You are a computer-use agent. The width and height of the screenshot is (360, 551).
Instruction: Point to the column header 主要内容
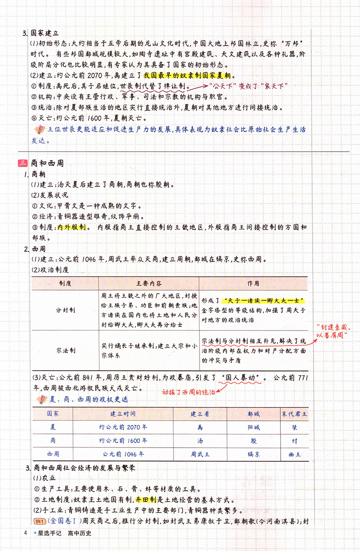(x=149, y=283)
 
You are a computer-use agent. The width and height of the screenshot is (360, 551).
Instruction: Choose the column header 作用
(x=253, y=283)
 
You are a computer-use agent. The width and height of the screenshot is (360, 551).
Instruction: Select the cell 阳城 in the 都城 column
(x=253, y=427)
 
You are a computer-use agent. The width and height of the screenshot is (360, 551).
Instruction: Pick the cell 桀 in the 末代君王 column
(x=295, y=427)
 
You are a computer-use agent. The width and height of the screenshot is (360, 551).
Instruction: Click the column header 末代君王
(x=295, y=414)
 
